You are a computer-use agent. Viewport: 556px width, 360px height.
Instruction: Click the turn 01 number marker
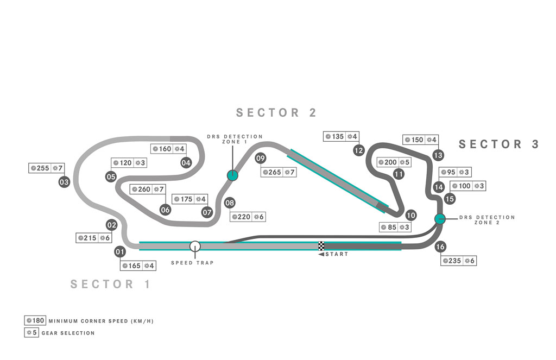(120, 252)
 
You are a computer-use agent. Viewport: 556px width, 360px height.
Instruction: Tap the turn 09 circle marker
(260, 158)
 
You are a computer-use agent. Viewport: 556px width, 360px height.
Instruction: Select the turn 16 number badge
(440, 247)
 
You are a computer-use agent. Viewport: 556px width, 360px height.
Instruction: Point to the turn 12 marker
(359, 150)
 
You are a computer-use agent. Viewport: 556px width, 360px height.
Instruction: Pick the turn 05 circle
(111, 176)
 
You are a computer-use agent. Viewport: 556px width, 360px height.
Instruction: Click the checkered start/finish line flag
(321, 246)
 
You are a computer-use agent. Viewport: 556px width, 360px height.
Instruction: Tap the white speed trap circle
(195, 246)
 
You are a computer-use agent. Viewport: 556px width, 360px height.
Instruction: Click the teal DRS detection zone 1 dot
(232, 175)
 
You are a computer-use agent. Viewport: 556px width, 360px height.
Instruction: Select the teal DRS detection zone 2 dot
(440, 219)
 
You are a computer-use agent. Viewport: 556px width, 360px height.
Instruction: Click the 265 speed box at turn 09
(279, 172)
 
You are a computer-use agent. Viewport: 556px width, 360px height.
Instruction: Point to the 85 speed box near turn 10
(395, 227)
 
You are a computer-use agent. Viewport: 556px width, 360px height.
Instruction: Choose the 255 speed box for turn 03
(47, 168)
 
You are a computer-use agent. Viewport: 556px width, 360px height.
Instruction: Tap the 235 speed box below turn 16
(458, 261)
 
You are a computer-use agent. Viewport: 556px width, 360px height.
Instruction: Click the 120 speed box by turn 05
(129, 163)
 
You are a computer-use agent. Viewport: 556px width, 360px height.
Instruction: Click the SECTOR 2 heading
(276, 113)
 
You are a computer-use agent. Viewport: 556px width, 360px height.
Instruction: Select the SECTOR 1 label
(111, 284)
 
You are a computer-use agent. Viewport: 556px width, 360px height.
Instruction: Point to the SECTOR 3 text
(499, 144)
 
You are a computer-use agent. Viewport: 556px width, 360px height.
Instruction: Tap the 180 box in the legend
(35, 320)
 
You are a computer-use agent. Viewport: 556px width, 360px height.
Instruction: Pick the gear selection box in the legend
(31, 333)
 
